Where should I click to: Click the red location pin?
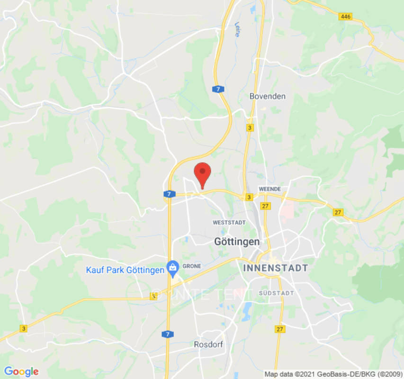[x=203, y=173]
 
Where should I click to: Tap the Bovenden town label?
[x=268, y=96]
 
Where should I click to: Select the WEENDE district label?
[x=269, y=189]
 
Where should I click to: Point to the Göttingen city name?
[x=237, y=242]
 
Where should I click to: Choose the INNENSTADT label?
[x=276, y=268]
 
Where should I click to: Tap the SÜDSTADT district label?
[x=274, y=294]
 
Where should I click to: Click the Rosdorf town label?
[x=208, y=344]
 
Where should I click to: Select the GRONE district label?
[x=192, y=266]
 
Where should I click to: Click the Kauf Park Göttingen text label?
[x=125, y=270]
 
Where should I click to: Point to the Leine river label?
[x=237, y=30]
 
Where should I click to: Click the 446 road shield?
[x=346, y=17]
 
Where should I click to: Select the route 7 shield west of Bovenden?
[x=217, y=89]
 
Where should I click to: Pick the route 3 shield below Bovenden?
[x=250, y=127]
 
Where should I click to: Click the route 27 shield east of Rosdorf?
[x=280, y=329]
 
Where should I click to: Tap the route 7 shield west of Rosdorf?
[x=168, y=334]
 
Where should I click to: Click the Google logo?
[x=21, y=371]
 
